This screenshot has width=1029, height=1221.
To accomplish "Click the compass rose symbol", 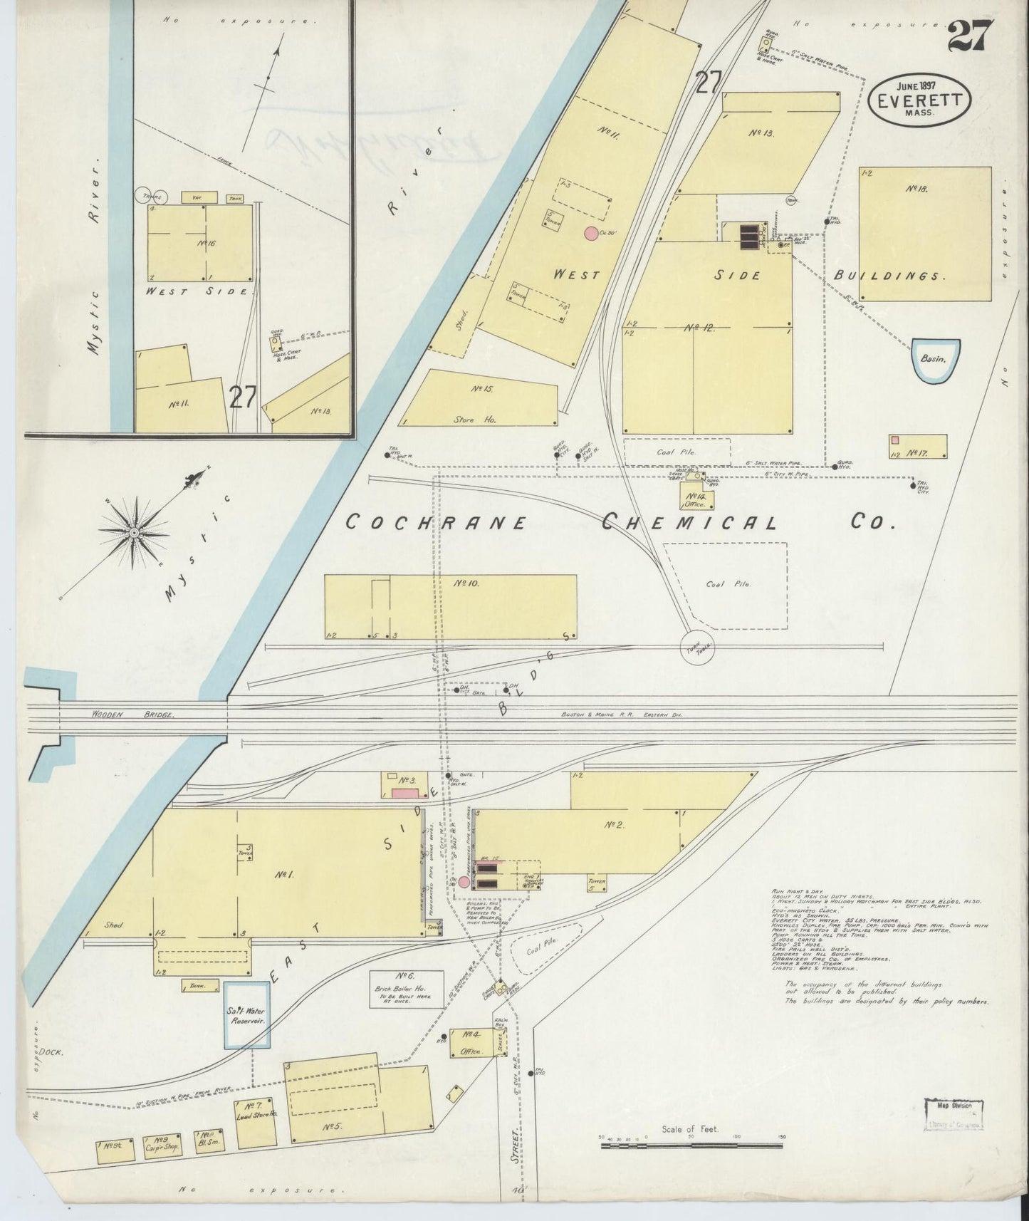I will click(133, 532).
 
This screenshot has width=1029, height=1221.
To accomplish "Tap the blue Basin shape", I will click(933, 360).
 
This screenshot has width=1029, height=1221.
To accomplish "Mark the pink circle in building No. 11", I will click(591, 232).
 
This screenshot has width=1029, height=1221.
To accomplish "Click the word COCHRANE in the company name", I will click(436, 523).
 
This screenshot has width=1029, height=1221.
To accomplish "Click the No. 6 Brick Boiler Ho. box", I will click(406, 988).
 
